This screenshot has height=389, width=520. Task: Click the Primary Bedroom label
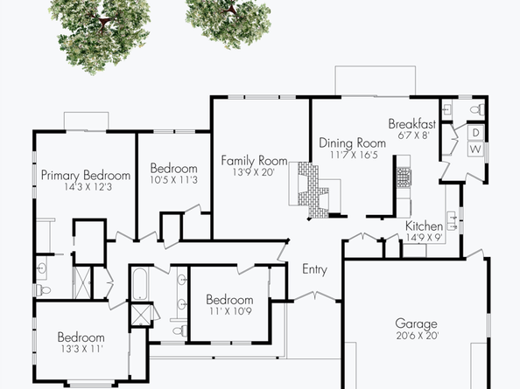pyautogui.click(x=86, y=176)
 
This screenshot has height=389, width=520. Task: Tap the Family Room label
pyautogui.click(x=254, y=161)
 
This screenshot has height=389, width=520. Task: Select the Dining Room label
pyautogui.click(x=353, y=143)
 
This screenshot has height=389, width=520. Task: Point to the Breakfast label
pyautogui.click(x=411, y=124)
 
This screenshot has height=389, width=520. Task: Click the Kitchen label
pyautogui.click(x=424, y=226)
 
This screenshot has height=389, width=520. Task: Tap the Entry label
pyautogui.click(x=314, y=269)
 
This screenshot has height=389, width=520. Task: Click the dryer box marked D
pyautogui.click(x=475, y=133)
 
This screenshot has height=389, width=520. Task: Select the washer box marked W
pyautogui.click(x=475, y=149)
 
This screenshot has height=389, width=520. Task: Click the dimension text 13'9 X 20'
pyautogui.click(x=254, y=173)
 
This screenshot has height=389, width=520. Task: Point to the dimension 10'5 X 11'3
pyautogui.click(x=174, y=180)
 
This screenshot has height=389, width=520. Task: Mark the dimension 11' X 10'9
pyautogui.click(x=230, y=311)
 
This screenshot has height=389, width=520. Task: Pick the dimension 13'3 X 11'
pyautogui.click(x=81, y=349)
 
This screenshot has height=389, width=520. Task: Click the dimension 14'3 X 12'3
pyautogui.click(x=86, y=187)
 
